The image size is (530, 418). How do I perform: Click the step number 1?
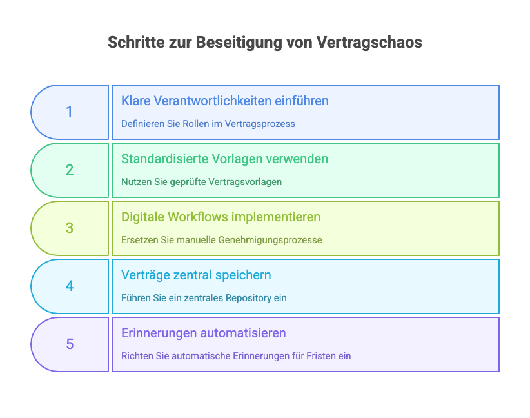(70, 112)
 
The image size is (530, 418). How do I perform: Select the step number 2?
(70, 170)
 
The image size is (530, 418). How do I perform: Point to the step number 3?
(70, 228)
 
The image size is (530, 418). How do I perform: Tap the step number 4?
(70, 286)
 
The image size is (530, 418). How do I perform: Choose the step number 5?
(70, 344)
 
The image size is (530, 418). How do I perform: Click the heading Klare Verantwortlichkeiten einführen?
(225, 101)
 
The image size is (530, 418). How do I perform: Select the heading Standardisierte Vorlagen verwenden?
(224, 159)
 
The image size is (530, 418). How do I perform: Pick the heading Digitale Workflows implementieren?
(221, 217)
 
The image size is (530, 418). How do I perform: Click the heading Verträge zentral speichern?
(196, 275)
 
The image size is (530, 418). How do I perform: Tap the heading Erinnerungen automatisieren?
(203, 333)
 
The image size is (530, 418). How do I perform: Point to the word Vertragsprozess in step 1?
(260, 124)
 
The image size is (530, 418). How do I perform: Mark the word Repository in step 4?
(248, 298)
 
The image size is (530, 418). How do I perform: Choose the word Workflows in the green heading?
(191, 217)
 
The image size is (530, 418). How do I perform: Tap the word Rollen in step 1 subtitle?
(195, 124)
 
